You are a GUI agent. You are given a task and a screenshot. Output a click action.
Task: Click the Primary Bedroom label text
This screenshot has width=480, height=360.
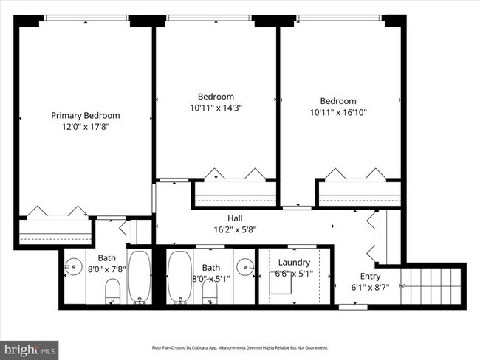[85, 115]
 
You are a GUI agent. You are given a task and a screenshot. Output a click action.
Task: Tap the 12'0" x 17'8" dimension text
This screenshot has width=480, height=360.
[85, 127]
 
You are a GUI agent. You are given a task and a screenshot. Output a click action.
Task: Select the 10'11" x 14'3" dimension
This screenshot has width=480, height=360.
[216, 108]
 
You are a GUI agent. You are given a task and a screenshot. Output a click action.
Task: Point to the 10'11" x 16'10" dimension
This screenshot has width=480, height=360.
[338, 113]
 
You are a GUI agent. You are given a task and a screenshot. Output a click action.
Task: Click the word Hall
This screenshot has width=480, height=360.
[235, 218]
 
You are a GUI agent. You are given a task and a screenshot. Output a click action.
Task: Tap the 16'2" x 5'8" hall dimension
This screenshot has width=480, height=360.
[235, 229]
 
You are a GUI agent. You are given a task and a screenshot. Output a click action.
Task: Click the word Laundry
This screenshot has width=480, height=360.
[294, 262]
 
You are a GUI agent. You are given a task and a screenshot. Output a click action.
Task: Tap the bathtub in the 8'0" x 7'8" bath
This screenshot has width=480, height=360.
[139, 278]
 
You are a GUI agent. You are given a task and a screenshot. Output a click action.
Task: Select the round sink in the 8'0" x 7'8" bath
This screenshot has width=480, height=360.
[73, 266]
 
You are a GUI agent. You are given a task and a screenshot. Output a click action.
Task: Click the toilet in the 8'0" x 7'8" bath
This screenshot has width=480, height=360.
[112, 291]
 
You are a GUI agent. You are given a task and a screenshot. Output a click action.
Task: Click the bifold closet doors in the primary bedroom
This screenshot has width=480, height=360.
[56, 211]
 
